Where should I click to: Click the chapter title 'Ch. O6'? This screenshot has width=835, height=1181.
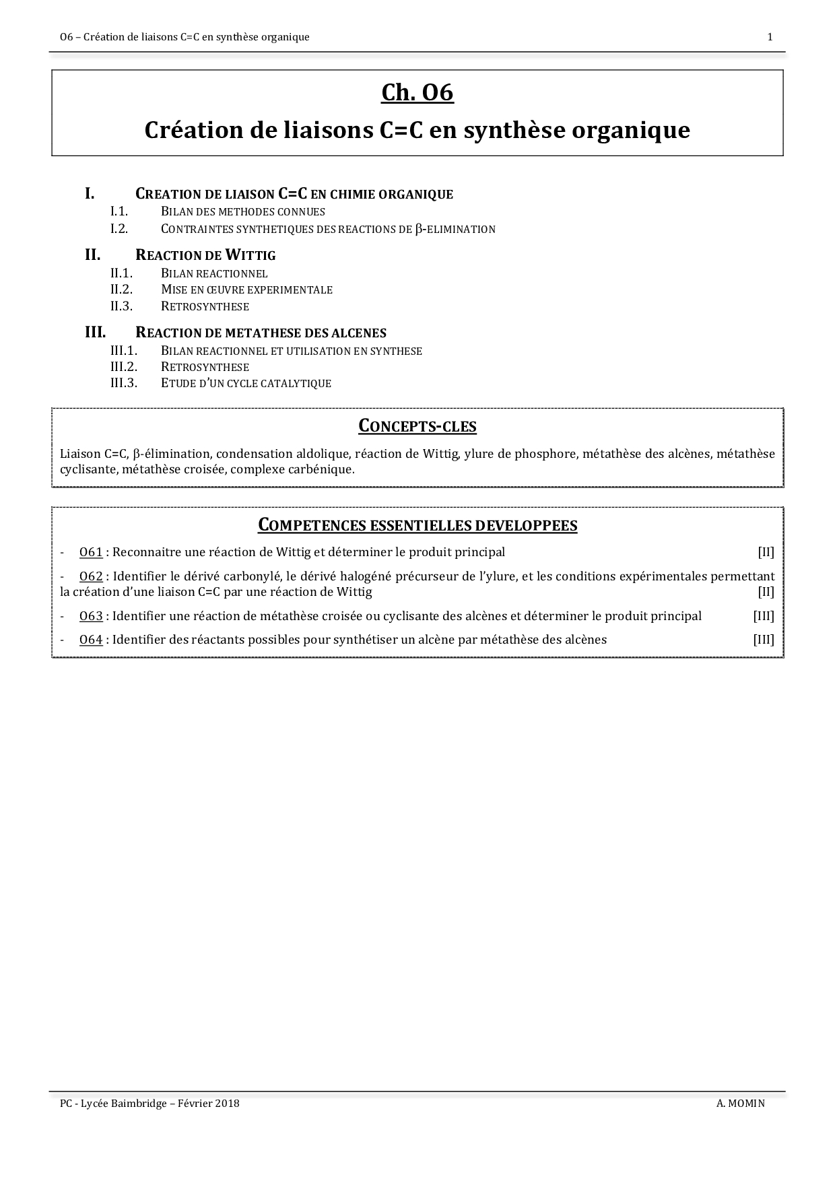coord(417,93)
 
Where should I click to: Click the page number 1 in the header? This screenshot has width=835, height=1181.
coord(770,37)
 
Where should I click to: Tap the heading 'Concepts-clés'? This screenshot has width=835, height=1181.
coord(417,426)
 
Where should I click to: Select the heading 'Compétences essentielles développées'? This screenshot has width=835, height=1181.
coord(417,525)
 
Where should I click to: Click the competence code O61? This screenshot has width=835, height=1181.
coord(91,553)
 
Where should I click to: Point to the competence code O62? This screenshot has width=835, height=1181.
coord(91,577)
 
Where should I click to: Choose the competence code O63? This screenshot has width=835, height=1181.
coord(91,616)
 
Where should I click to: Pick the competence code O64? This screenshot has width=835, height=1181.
coord(91,640)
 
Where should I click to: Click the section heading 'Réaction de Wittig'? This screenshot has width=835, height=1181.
coord(205,255)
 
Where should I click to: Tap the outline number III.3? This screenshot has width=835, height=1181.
coord(124,383)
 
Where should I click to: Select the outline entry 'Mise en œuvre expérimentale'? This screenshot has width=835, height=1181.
coord(246,290)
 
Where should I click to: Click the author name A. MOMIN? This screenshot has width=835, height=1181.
coord(741,1104)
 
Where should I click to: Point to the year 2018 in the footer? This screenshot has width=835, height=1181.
coord(227,1104)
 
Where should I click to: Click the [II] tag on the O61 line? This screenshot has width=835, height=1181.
coord(766,553)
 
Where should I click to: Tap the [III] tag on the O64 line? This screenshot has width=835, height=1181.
coord(764,640)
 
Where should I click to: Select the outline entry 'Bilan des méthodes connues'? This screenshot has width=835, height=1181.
coord(242,211)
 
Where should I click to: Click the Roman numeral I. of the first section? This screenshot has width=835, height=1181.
coord(89,194)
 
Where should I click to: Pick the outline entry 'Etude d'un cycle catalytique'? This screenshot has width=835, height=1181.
coord(246,383)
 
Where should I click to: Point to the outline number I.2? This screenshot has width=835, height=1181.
coord(119,229)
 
